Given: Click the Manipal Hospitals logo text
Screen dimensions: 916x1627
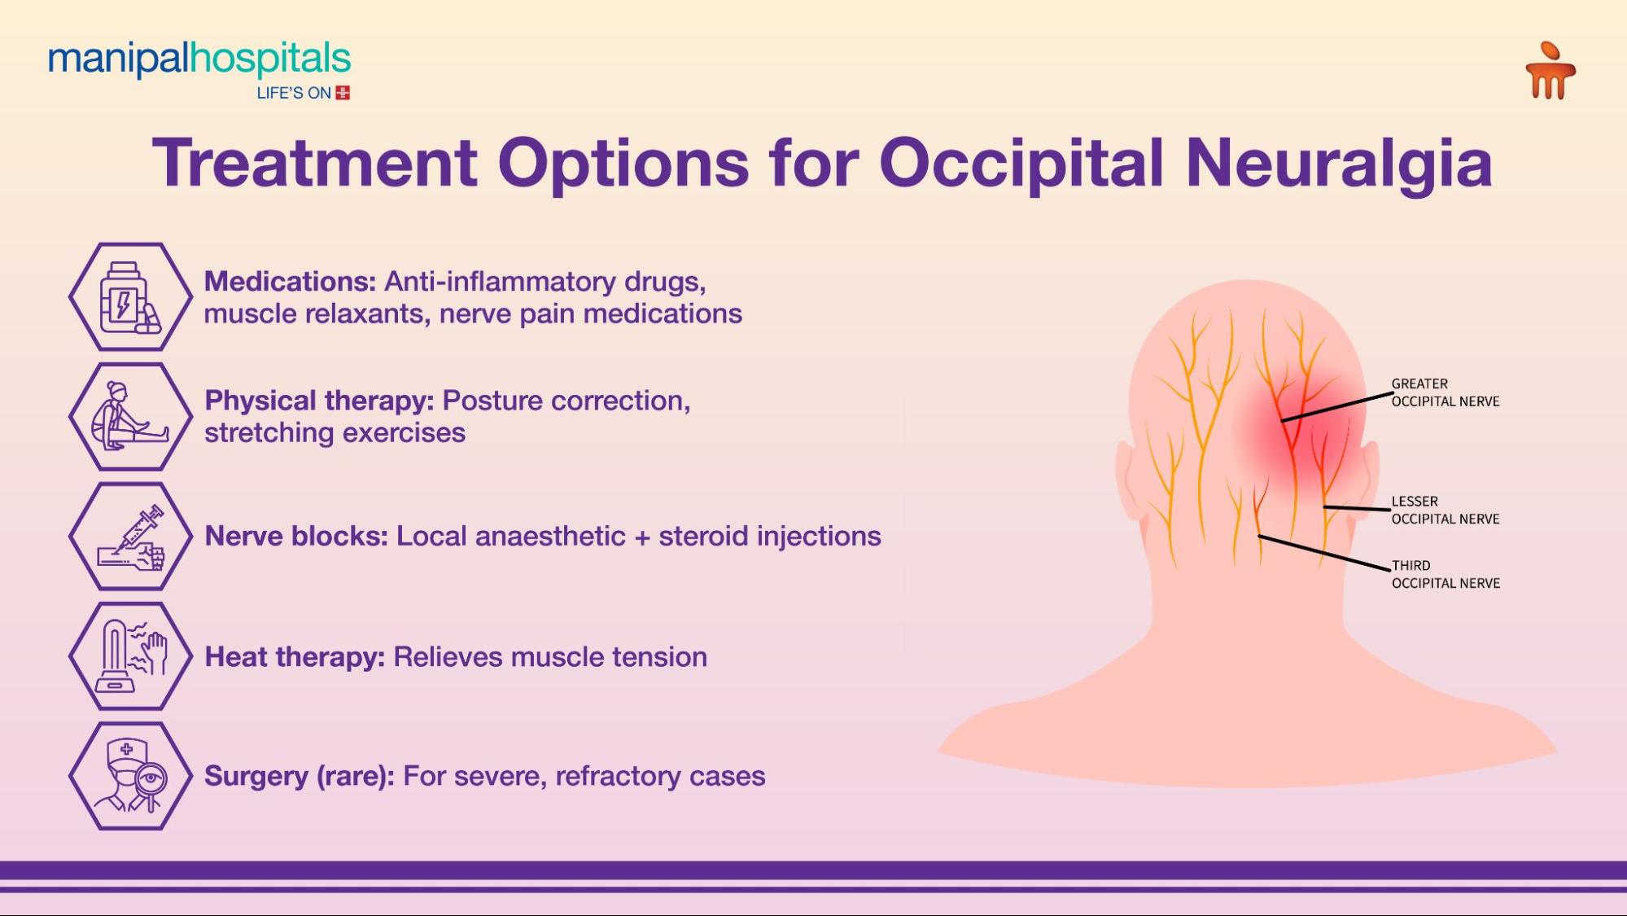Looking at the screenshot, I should click(199, 60).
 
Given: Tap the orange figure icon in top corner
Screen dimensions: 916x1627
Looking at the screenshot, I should click(1550, 72).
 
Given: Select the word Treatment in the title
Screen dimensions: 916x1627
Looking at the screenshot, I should click(314, 163).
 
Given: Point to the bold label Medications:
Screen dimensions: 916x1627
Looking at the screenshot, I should click(290, 282).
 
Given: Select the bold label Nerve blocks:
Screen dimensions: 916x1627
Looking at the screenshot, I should click(296, 537).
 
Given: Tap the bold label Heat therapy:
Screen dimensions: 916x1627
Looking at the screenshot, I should click(295, 657).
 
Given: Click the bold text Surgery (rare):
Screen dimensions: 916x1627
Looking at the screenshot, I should click(299, 776).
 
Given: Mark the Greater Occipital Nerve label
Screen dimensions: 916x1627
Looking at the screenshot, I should click(1445, 392).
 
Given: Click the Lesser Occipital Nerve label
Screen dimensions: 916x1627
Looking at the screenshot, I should click(1445, 511).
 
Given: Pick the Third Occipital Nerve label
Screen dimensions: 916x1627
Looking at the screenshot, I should click(1445, 574).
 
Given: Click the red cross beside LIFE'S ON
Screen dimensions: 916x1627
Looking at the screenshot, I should click(343, 93).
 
